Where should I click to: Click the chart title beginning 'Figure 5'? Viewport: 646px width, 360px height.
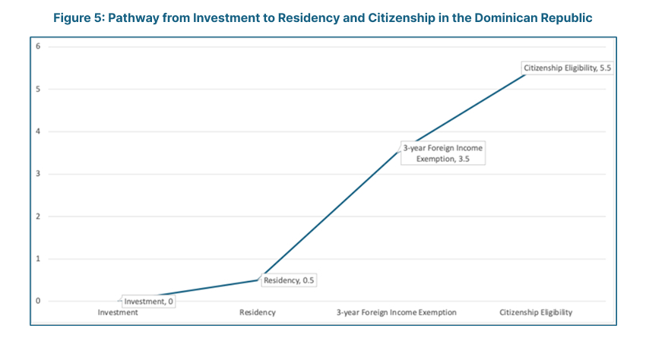323,16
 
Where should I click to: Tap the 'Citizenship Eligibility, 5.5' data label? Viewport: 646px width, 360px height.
567,68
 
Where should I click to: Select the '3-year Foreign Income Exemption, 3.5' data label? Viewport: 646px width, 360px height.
442,153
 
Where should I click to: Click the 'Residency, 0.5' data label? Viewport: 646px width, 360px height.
288,280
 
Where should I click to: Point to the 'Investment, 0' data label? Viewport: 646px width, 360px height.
148,301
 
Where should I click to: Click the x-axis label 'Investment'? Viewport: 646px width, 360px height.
118,312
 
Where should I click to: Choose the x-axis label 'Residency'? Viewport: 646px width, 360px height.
258,312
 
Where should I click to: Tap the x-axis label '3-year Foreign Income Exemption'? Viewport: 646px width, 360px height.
397,312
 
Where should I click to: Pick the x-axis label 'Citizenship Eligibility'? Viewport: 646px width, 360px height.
536,312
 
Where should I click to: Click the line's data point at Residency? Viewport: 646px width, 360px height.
258,279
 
